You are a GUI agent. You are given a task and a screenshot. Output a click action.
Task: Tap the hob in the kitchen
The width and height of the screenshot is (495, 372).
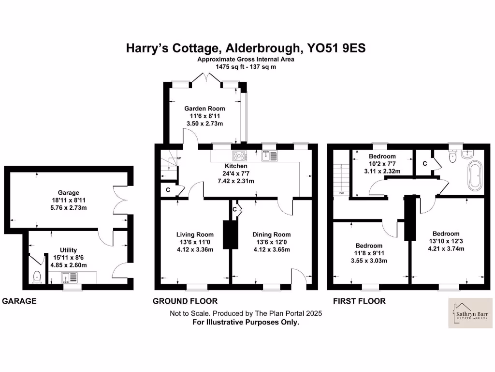pyautogui.click(x=240, y=156)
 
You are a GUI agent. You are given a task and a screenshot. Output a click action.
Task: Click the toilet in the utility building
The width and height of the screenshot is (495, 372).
pyautogui.click(x=37, y=277)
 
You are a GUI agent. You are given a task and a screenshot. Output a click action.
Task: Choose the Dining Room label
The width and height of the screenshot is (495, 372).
pyautogui.click(x=272, y=235)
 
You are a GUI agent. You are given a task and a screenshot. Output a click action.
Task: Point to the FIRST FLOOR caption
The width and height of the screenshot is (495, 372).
pyautogui.click(x=359, y=301)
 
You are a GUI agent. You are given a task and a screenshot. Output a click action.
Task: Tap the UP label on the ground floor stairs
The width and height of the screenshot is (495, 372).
pyautogui.click(x=179, y=158)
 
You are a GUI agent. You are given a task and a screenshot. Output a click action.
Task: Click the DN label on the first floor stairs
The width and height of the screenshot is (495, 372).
pyautogui.click(x=341, y=193)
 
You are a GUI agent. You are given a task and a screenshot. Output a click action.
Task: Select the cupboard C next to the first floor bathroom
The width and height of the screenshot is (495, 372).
pyautogui.click(x=424, y=164)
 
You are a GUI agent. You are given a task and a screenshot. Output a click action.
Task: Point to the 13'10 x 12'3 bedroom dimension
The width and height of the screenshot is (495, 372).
pyautogui.click(x=446, y=241)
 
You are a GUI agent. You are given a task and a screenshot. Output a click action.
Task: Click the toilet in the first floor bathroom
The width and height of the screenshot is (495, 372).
pyautogui.click(x=453, y=155)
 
